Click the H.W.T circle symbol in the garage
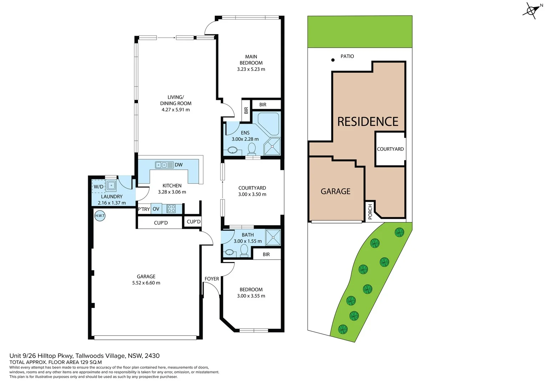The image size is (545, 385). pyautogui.click(x=100, y=216)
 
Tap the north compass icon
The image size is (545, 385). pyautogui.click(x=531, y=11)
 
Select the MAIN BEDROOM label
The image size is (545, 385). pyautogui.click(x=251, y=60)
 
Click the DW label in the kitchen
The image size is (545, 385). pyautogui.click(x=179, y=165)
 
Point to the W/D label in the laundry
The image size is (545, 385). pyautogui.click(x=98, y=187)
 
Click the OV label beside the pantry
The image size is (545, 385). pyautogui.click(x=156, y=209)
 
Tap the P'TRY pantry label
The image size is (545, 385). pyautogui.click(x=144, y=209)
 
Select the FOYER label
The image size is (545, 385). pyautogui.click(x=212, y=279)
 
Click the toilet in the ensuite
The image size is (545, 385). pyautogui.click(x=252, y=149)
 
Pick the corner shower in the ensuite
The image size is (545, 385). pyautogui.click(x=272, y=147)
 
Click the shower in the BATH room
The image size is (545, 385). pyautogui.click(x=273, y=238)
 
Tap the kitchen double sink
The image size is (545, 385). pyautogui.click(x=161, y=165)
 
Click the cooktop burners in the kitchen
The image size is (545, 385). pyautogui.click(x=171, y=209)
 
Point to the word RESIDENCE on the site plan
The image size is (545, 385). pyautogui.click(x=368, y=122)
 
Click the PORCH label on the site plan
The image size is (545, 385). pyautogui.click(x=370, y=211)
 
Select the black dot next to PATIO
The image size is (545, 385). pyautogui.click(x=333, y=60)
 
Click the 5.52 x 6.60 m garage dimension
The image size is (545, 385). pyautogui.click(x=146, y=283)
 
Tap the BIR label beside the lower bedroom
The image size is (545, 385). pyautogui.click(x=266, y=255)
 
